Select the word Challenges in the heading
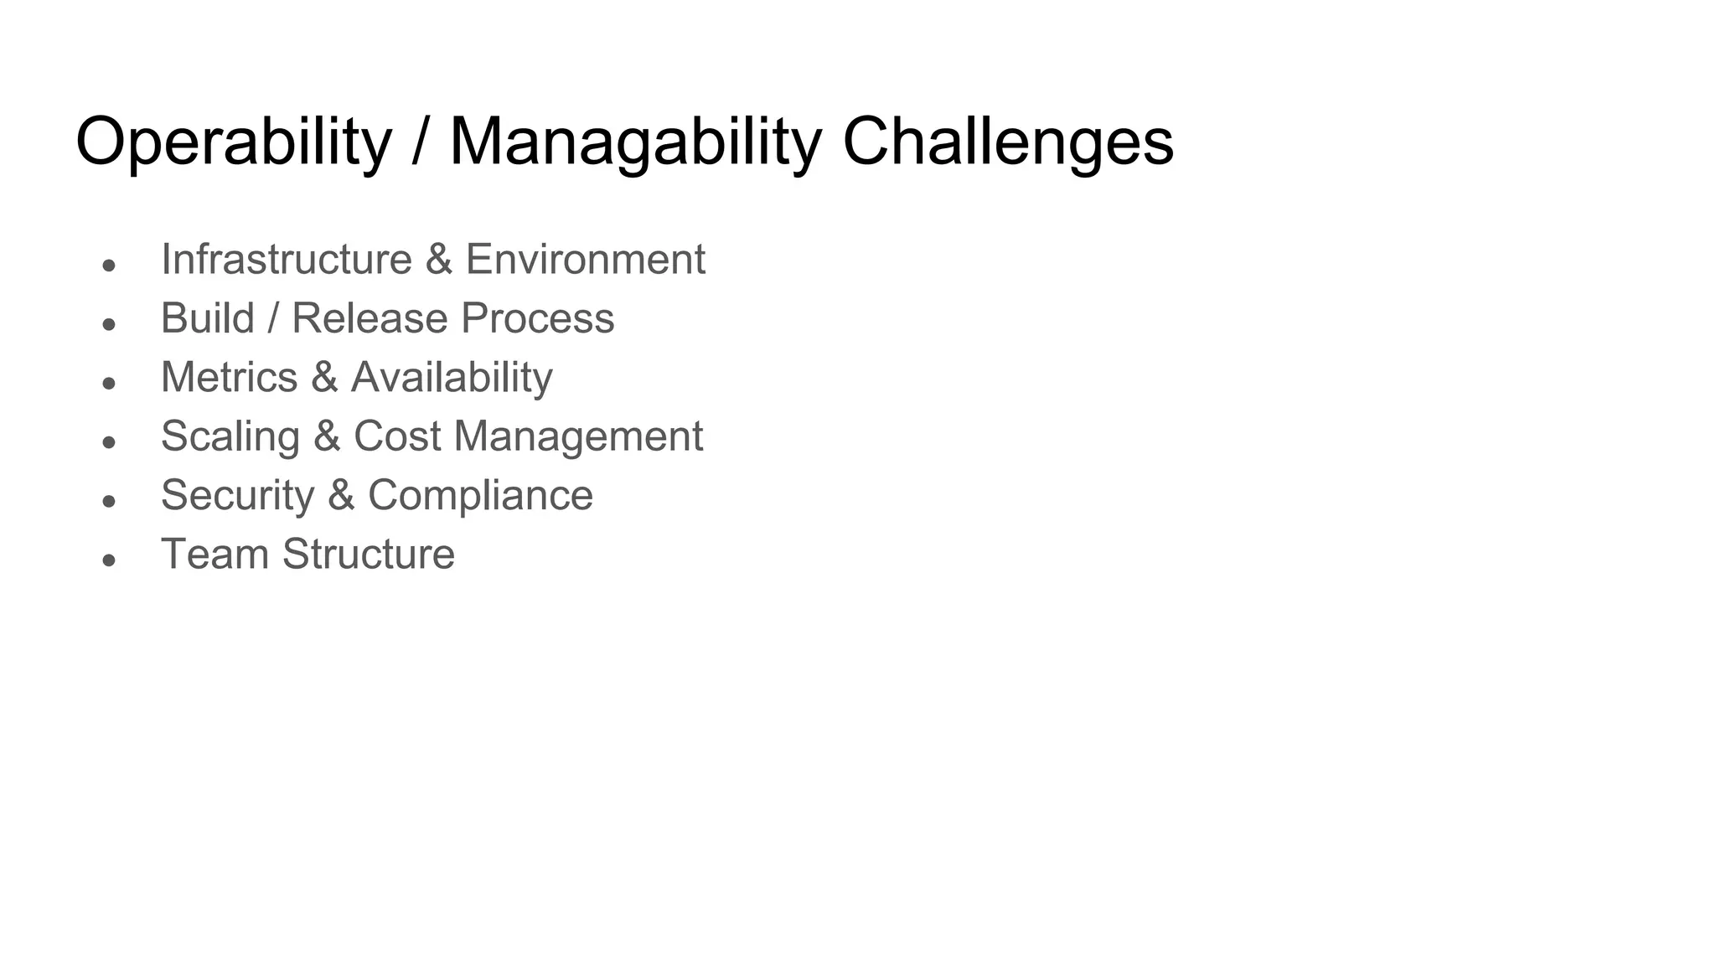(x=1007, y=142)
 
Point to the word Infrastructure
(x=286, y=259)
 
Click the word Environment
(x=585, y=259)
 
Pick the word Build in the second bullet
(x=207, y=318)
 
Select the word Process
(x=537, y=318)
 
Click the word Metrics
(x=229, y=377)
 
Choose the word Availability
(x=452, y=377)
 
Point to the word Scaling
(x=230, y=436)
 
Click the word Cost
(x=396, y=436)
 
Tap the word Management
(x=578, y=436)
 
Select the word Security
(x=237, y=495)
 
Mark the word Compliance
(x=480, y=495)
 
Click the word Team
(x=214, y=554)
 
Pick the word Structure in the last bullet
(x=369, y=554)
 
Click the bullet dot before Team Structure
(x=108, y=560)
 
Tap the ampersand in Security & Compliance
(x=340, y=495)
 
